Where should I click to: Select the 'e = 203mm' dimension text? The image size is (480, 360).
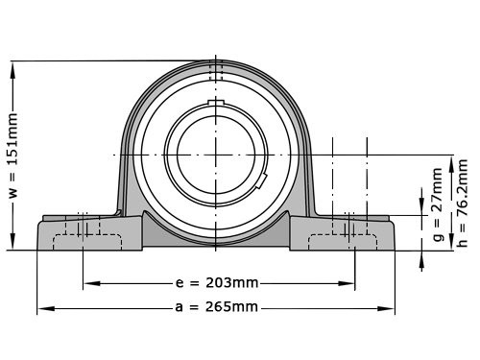[x=218, y=284]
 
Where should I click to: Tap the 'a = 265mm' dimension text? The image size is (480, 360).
[x=217, y=307]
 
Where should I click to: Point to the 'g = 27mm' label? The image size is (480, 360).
[x=438, y=204]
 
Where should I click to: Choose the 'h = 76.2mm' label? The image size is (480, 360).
[x=462, y=204]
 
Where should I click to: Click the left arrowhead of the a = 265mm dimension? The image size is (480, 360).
[x=41, y=309]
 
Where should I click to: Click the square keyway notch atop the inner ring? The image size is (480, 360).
[x=216, y=103]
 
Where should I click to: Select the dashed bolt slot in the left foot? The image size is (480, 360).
[x=82, y=237]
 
